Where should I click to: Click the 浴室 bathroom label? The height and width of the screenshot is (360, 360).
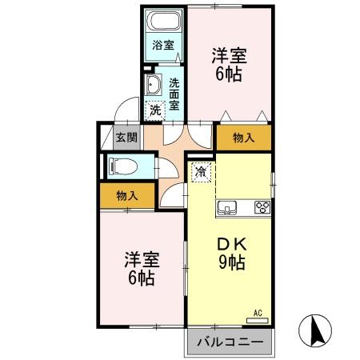click(x=164, y=46)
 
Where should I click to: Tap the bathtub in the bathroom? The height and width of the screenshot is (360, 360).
click(x=164, y=22)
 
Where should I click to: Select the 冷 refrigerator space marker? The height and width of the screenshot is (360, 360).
click(x=202, y=170)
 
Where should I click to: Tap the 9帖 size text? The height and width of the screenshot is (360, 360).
click(x=230, y=262)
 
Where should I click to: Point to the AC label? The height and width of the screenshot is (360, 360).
click(x=258, y=312)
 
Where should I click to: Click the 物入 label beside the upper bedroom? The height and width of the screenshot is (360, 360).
click(x=243, y=138)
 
